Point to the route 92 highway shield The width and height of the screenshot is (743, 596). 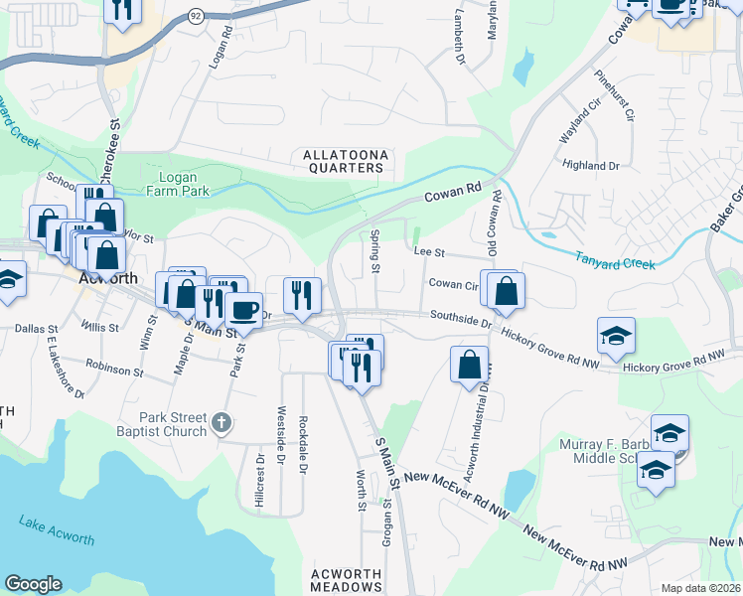point(196,16)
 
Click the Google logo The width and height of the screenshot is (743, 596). point(33,584)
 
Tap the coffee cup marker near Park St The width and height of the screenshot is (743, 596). point(243,309)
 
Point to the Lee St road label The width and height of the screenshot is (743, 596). point(428,253)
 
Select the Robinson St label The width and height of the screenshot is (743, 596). point(114,370)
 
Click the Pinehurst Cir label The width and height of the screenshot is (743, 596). point(614,94)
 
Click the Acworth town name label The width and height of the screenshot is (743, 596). point(105,279)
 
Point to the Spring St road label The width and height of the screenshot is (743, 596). point(375,252)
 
